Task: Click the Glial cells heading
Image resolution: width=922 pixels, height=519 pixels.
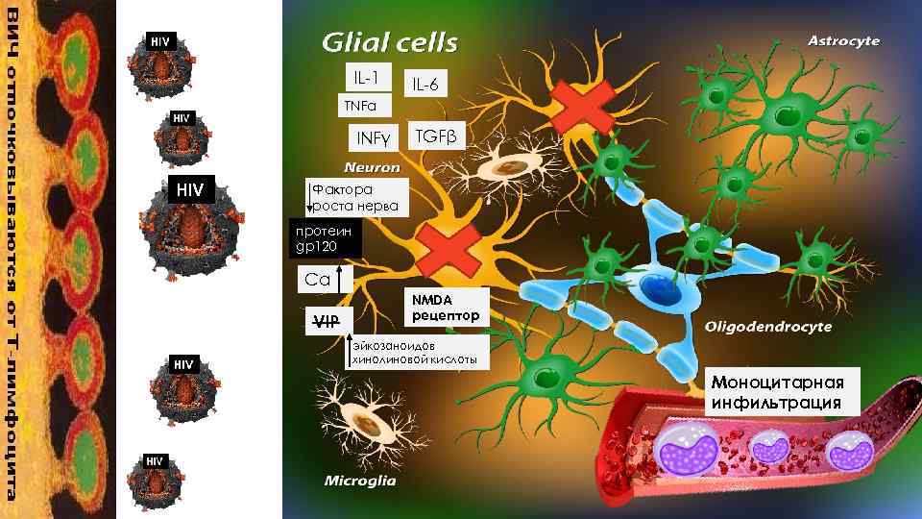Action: coord(388,42)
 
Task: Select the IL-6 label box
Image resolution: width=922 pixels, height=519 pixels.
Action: coord(425,85)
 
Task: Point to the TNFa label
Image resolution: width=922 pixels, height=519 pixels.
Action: coord(360,105)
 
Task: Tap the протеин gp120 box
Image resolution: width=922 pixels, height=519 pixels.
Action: coord(325,239)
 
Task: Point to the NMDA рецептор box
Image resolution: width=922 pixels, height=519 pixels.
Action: coord(445,307)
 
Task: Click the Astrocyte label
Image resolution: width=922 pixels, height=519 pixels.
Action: coord(843,40)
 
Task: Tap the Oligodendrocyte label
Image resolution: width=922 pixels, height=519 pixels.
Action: coord(767,327)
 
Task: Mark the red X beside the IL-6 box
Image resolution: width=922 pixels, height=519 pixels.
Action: coord(583,104)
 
